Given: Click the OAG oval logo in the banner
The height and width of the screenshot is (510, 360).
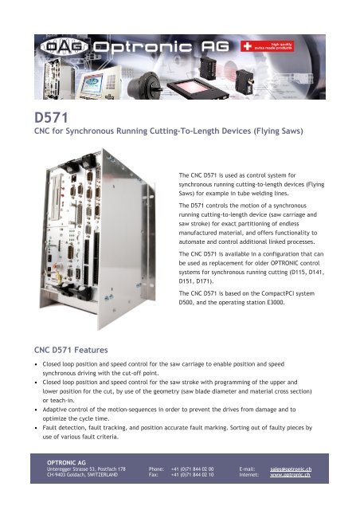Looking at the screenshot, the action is click(x=65, y=47).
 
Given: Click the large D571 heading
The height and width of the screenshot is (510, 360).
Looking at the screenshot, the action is click(x=51, y=118).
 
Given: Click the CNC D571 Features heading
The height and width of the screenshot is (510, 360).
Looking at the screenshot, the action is click(x=71, y=350).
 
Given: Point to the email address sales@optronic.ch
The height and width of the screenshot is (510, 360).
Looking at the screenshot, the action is click(x=291, y=469).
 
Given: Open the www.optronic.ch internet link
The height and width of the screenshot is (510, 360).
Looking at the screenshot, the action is click(x=290, y=475).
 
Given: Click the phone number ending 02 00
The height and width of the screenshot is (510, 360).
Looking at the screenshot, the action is click(x=192, y=469).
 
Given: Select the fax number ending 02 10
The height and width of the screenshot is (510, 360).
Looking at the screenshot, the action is click(x=192, y=475).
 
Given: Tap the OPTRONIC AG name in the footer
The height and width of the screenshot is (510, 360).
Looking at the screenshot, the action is click(x=66, y=462).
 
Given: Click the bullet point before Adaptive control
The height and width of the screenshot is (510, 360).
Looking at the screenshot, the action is click(x=37, y=410).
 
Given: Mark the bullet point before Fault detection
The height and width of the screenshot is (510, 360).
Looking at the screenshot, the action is click(x=37, y=428).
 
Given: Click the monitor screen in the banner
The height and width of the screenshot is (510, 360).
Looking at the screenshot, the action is click(x=92, y=84).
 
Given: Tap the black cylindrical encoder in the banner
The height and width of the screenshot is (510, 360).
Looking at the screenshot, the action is click(x=143, y=85).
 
